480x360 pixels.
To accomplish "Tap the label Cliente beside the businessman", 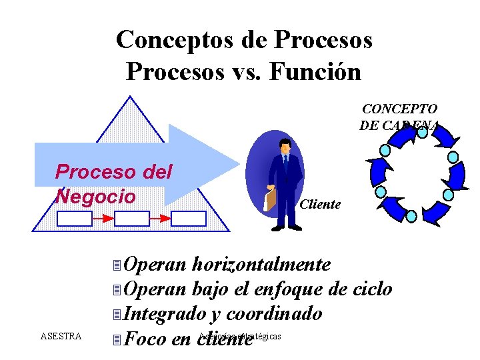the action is [320, 205].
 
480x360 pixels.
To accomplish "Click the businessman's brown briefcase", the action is [270, 199].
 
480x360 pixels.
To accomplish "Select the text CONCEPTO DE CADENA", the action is [399, 117].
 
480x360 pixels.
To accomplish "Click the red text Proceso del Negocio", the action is [113, 184].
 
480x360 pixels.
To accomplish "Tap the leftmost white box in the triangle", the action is [75, 218].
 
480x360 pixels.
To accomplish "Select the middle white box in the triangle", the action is [132, 218].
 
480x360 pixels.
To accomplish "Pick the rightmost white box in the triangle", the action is [189, 218].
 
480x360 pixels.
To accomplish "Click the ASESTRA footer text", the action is [61, 336].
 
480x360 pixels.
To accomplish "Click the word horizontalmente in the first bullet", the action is [261, 265].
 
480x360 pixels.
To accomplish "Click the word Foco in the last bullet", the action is [146, 339].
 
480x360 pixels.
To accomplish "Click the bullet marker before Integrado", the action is [117, 314].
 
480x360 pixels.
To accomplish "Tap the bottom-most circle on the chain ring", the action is [411, 216].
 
